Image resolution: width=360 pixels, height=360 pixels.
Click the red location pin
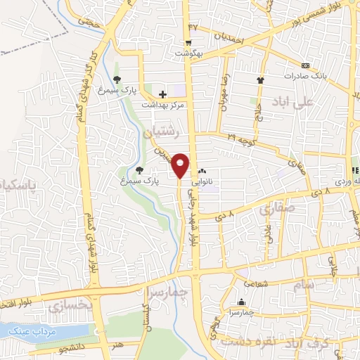pyautogui.click(x=181, y=165)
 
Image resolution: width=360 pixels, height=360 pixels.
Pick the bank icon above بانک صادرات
pyautogui.click(x=304, y=64)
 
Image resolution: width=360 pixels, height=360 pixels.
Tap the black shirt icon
pyautogui.click(x=260, y=80)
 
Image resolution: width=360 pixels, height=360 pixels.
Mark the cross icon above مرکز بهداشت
pyautogui.click(x=162, y=94)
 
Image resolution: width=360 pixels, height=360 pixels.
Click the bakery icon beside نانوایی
pyautogui.click(x=202, y=171)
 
